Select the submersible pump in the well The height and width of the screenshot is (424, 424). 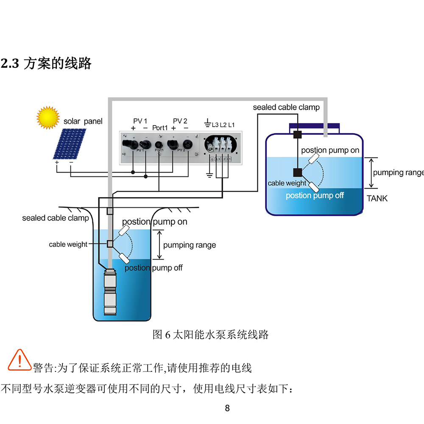tap(111, 293)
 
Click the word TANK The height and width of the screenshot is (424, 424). tap(377, 198)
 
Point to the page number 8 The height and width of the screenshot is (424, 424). tap(227, 408)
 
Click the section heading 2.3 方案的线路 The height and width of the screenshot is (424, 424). tap(47, 64)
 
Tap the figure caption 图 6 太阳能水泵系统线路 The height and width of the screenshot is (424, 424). tap(210, 335)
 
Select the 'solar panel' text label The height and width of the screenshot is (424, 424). tap(83, 121)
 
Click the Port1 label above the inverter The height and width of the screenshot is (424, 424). tap(160, 128)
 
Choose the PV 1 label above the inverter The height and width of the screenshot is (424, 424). tap(140, 121)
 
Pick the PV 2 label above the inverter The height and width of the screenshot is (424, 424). tap(180, 121)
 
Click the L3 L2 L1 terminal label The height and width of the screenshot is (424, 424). tap(223, 125)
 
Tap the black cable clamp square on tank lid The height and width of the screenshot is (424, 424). tap(297, 135)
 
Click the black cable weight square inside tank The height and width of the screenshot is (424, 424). tap(297, 172)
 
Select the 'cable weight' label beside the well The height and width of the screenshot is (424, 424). tap(68, 244)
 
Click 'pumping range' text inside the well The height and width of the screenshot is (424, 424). tap(189, 245)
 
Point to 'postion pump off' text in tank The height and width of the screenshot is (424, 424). tap(315, 195)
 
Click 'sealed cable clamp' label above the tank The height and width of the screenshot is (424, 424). tap(286, 107)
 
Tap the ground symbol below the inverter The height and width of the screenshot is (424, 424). tap(209, 175)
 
